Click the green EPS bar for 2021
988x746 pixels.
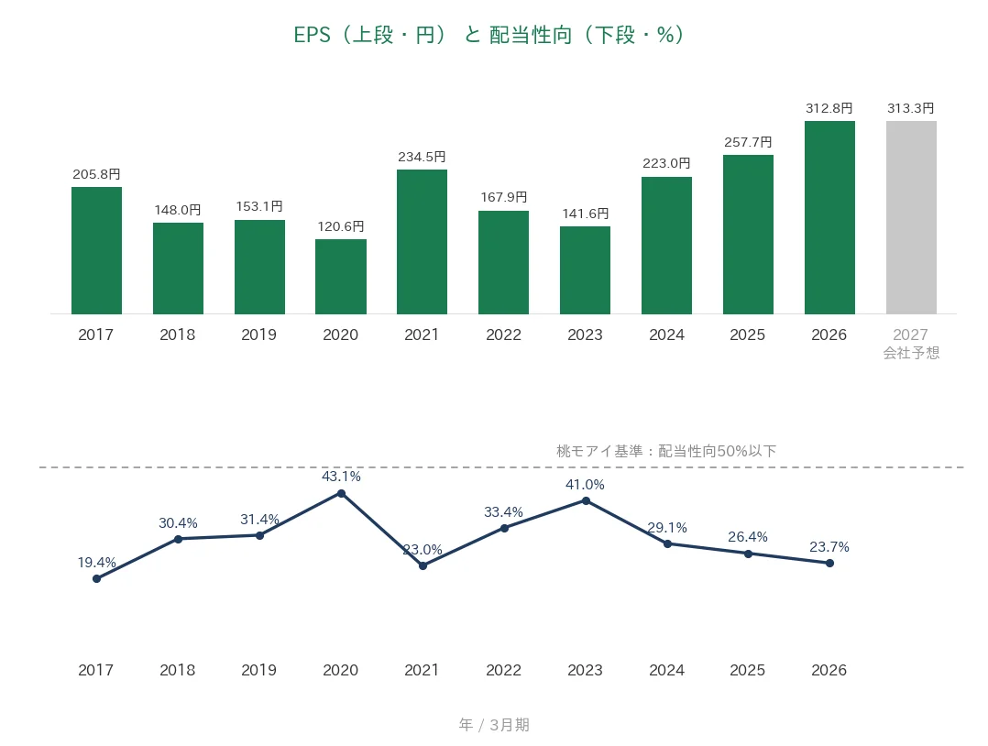click(422, 241)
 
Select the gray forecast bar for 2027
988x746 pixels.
click(911, 217)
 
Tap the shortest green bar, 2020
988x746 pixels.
click(341, 277)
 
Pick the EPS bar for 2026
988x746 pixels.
click(829, 217)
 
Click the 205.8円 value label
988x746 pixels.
click(96, 174)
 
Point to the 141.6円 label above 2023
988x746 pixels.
click(586, 214)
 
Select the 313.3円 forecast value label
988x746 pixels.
click(910, 108)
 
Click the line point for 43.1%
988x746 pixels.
click(342, 493)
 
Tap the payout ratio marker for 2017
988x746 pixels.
click(96, 578)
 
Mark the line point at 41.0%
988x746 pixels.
click(586, 501)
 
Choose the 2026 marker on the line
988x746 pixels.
click(829, 564)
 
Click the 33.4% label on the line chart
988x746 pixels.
click(503, 512)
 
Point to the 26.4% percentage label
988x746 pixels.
click(748, 537)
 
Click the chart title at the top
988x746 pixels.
click(489, 35)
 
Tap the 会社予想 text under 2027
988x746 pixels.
click(911, 353)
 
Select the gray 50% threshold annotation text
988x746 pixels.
click(666, 451)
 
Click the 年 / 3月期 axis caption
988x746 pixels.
click(494, 725)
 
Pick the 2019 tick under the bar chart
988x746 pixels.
click(259, 335)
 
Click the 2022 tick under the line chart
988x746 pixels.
click(503, 670)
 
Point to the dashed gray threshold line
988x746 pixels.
click(501, 467)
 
